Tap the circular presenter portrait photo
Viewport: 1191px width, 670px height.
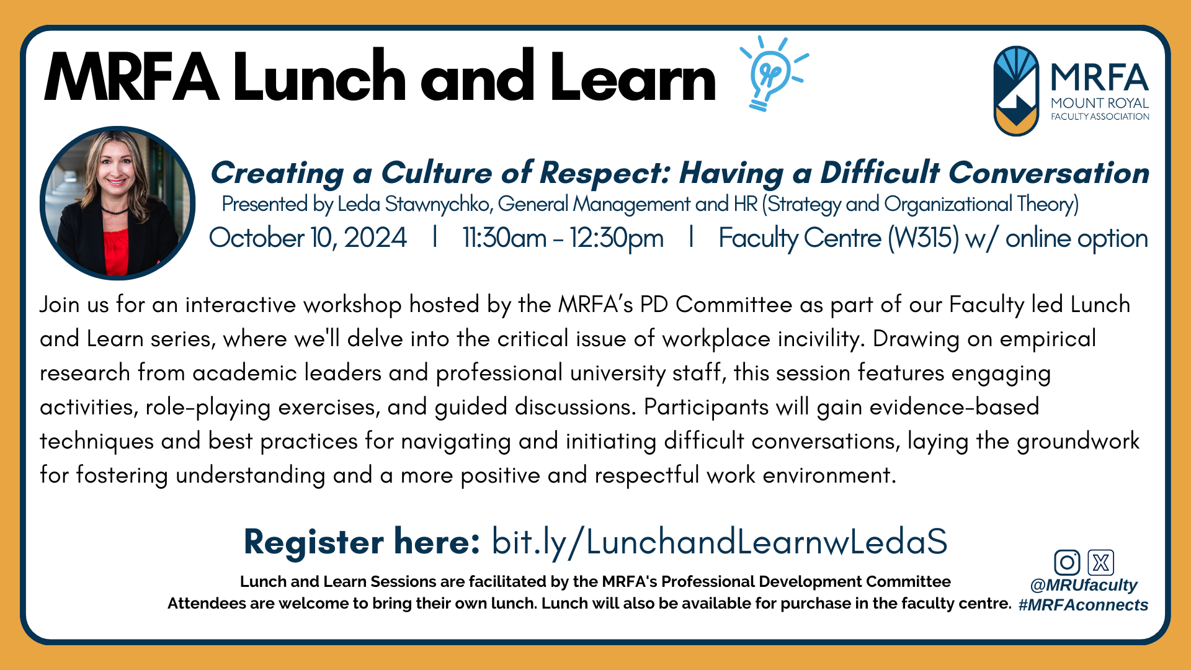(x=118, y=203)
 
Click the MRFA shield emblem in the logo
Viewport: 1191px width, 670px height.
(x=1015, y=91)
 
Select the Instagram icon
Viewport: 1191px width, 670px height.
(x=1067, y=563)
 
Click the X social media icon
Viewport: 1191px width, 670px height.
(x=1100, y=563)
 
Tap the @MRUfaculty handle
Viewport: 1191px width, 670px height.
(x=1083, y=585)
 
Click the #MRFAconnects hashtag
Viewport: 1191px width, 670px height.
(x=1083, y=605)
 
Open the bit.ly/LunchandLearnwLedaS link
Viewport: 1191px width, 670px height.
(x=720, y=542)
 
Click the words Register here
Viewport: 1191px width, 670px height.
(x=362, y=542)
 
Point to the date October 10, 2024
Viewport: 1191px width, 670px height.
(x=308, y=238)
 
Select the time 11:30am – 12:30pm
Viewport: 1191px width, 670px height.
(x=563, y=238)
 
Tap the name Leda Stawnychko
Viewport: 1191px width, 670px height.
(x=414, y=204)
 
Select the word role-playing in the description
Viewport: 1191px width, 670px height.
(x=208, y=407)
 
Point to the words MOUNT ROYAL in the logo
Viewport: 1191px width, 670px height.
(x=1100, y=103)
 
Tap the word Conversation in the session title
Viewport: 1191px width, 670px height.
(x=1048, y=172)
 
